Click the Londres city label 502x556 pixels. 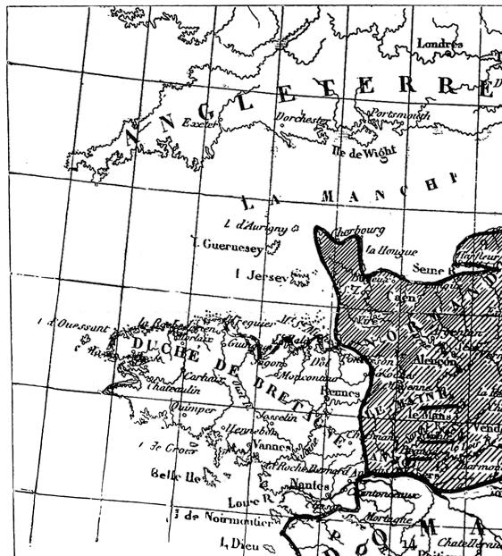tap(445, 44)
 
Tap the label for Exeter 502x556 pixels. tap(200, 123)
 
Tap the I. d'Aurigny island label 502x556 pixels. tap(255, 227)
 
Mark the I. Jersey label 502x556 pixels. tap(260, 275)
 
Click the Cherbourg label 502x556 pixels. tap(358, 230)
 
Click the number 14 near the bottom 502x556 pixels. tap(409, 542)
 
